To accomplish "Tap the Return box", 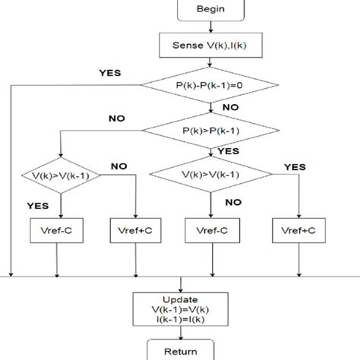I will pos(179,351).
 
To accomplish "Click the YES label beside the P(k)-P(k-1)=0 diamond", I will pos(111,74).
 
